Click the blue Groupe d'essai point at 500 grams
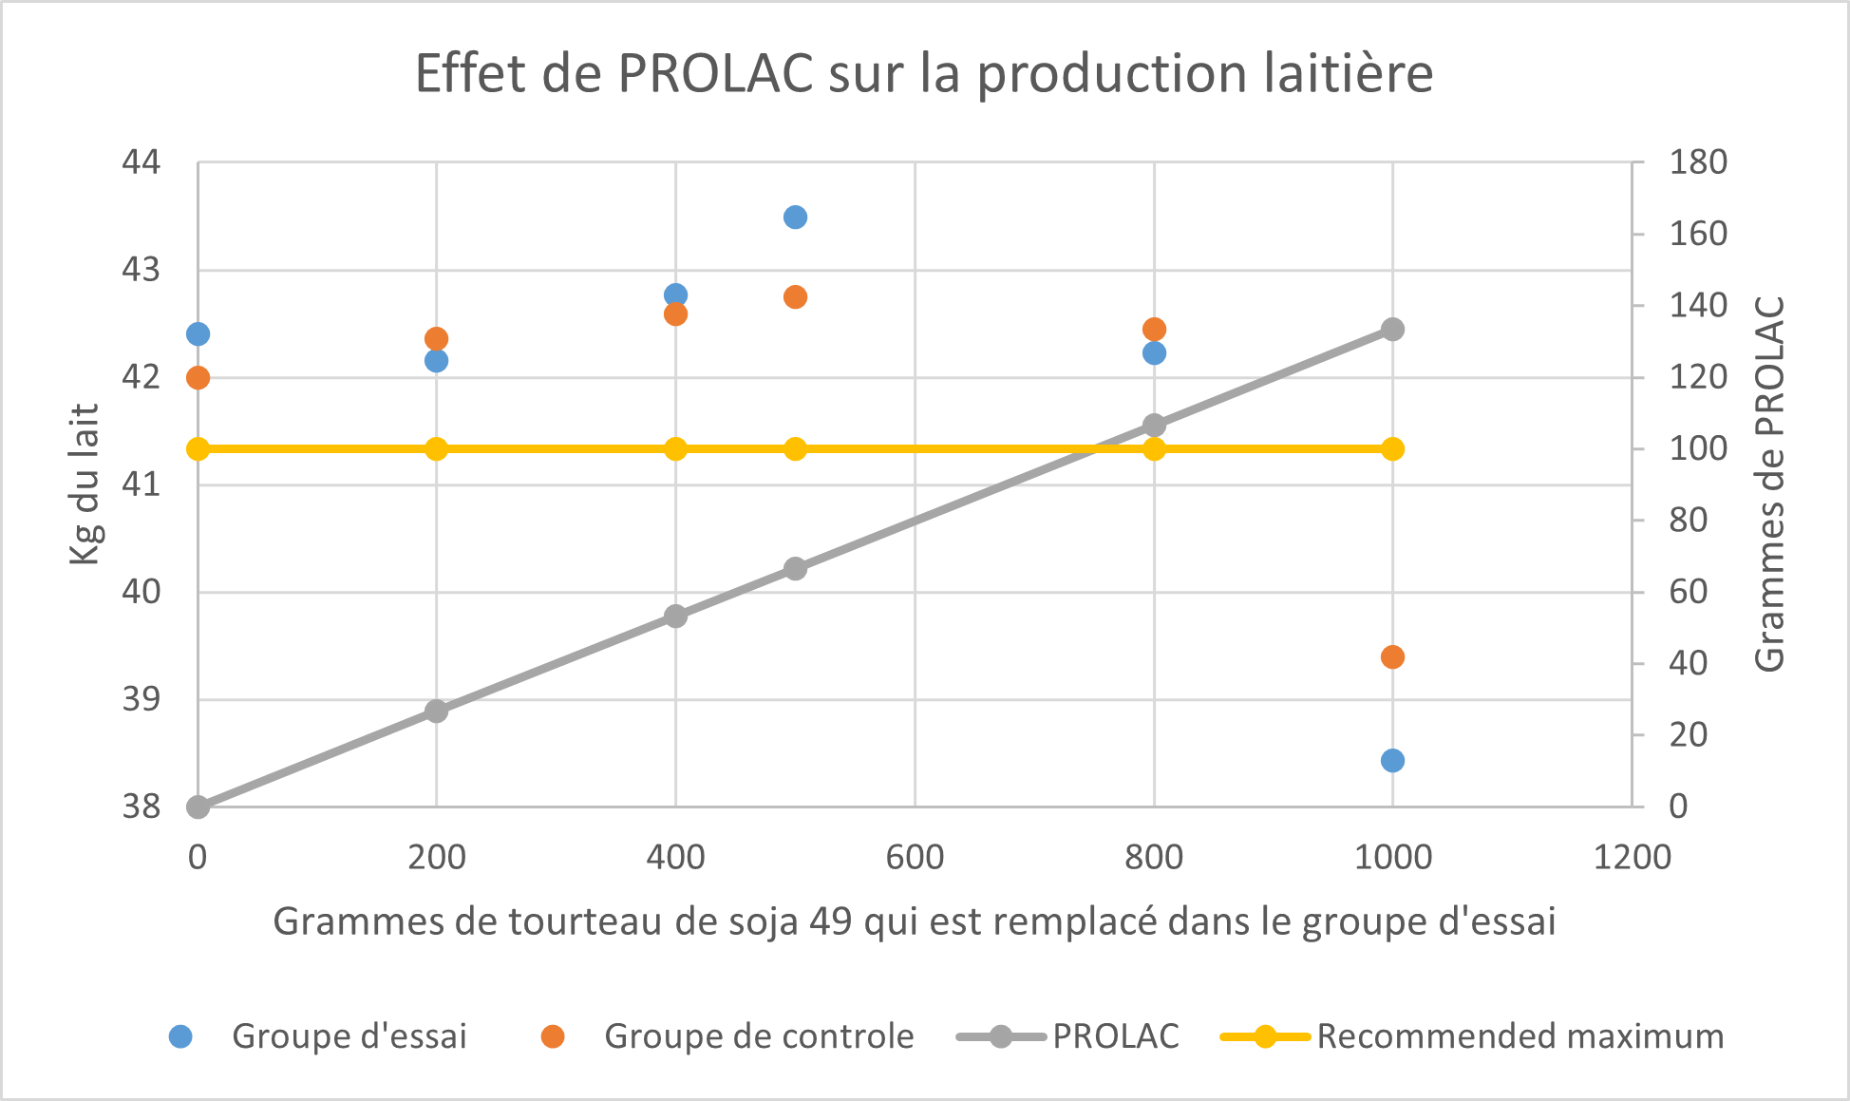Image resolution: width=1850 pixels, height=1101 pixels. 795,218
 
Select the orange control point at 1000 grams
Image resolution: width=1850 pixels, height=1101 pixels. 1392,657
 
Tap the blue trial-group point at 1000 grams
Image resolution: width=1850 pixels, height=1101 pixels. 1392,761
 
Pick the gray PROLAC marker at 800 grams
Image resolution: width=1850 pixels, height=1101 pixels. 1154,425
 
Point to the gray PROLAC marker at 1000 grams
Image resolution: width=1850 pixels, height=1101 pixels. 1392,330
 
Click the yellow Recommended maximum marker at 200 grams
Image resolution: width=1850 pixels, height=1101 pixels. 436,449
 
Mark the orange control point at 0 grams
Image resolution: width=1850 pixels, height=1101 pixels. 198,378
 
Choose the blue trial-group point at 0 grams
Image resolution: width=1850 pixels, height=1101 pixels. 198,334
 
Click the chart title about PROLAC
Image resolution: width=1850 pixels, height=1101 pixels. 924,74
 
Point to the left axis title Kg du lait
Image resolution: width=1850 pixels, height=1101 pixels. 85,484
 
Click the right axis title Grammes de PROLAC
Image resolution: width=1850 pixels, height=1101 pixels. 1769,484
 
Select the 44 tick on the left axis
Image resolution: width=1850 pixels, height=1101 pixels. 142,162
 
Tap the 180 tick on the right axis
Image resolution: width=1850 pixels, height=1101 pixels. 1698,162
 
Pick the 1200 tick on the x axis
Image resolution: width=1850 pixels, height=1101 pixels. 1632,858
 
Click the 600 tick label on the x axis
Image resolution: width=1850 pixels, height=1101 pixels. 915,858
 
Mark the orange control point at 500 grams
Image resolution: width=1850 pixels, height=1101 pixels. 795,297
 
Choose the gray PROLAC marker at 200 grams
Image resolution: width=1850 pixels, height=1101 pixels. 436,712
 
